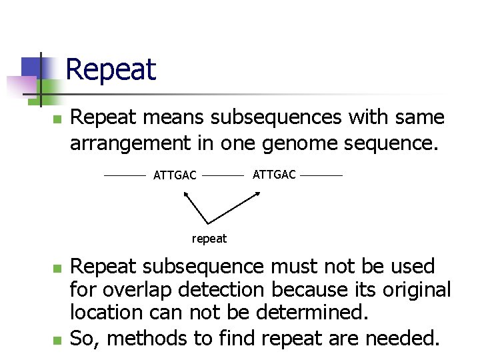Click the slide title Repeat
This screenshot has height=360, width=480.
(x=111, y=69)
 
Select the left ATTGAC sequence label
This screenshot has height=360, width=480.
(x=175, y=176)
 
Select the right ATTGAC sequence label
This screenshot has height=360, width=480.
(x=274, y=175)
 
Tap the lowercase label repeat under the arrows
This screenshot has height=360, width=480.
(x=209, y=239)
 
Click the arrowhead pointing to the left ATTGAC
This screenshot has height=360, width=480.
(x=185, y=194)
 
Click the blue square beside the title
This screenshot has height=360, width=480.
(x=31, y=67)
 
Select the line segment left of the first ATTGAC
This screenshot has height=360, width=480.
(x=125, y=176)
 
